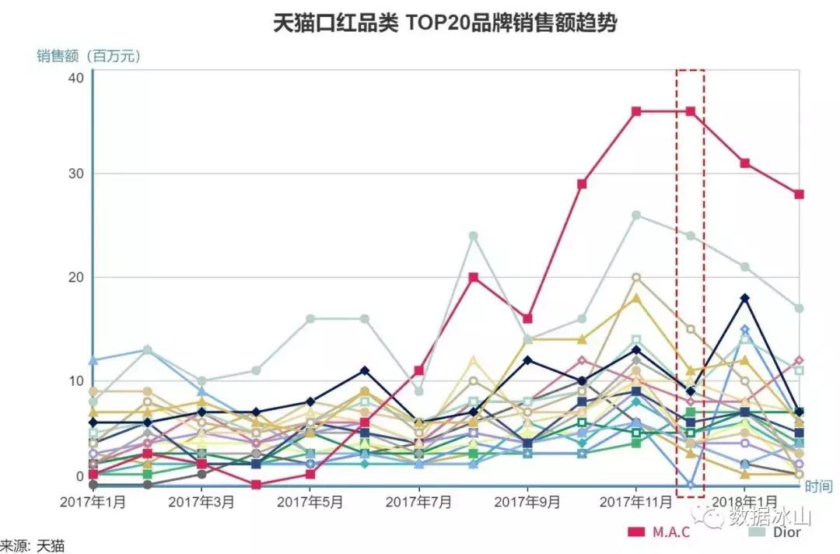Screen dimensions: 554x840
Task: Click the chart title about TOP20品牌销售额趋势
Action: click(445, 23)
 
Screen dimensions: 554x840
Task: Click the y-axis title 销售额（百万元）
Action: click(89, 56)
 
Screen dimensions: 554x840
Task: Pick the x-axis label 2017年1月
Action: click(93, 503)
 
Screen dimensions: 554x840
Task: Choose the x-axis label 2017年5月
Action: click(310, 503)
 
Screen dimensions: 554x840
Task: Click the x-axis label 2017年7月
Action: click(418, 503)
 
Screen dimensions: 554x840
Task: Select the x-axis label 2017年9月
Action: click(527, 503)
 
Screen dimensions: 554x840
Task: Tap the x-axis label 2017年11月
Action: click(635, 503)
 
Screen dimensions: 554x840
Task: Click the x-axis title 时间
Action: click(817, 486)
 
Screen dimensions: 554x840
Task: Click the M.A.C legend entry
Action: click(660, 532)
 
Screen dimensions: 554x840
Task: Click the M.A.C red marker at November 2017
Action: click(636, 111)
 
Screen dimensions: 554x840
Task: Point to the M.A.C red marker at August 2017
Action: click(473, 277)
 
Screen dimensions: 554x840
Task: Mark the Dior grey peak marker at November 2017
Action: click(636, 215)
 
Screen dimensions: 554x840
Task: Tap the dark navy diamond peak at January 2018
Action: click(744, 298)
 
